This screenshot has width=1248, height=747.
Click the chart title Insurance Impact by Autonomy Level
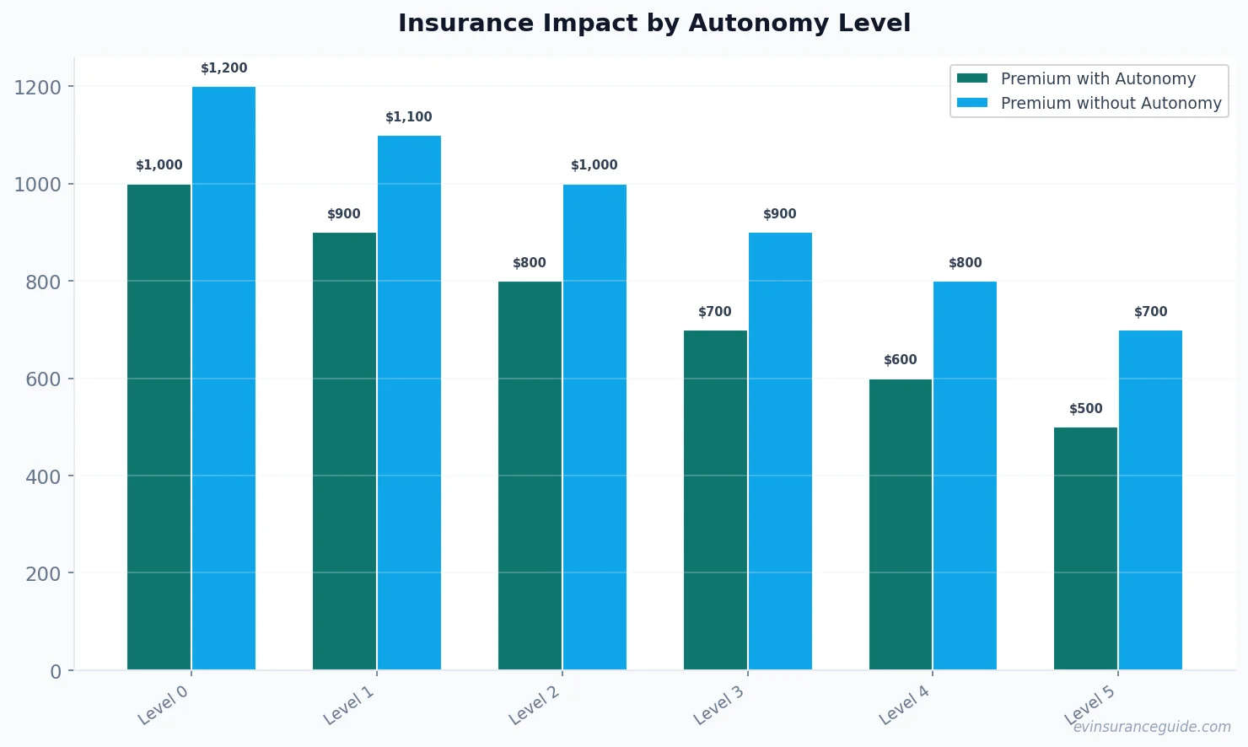pos(654,23)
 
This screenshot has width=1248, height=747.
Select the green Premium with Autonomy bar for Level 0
pos(159,427)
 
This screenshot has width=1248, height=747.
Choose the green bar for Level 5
pos(1085,548)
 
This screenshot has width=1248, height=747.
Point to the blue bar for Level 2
pos(594,427)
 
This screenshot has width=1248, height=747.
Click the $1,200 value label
pos(223,68)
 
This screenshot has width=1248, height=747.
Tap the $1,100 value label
pos(409,117)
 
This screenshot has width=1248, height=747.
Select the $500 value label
pos(1085,409)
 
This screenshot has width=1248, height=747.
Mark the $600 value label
pos(900,360)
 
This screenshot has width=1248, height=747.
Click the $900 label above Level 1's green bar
pos(344,214)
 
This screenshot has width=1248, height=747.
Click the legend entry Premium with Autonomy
pos(1097,78)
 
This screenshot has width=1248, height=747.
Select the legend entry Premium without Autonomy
pos(1110,103)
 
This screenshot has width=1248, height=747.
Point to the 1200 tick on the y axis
pos(38,87)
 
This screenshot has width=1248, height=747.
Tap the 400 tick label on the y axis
pos(43,476)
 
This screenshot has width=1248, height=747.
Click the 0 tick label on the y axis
pos(56,671)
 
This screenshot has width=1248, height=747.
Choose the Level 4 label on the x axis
pos(904,705)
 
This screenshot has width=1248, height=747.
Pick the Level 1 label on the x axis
pos(348,705)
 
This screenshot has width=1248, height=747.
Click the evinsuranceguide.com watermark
pos(1151,727)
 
